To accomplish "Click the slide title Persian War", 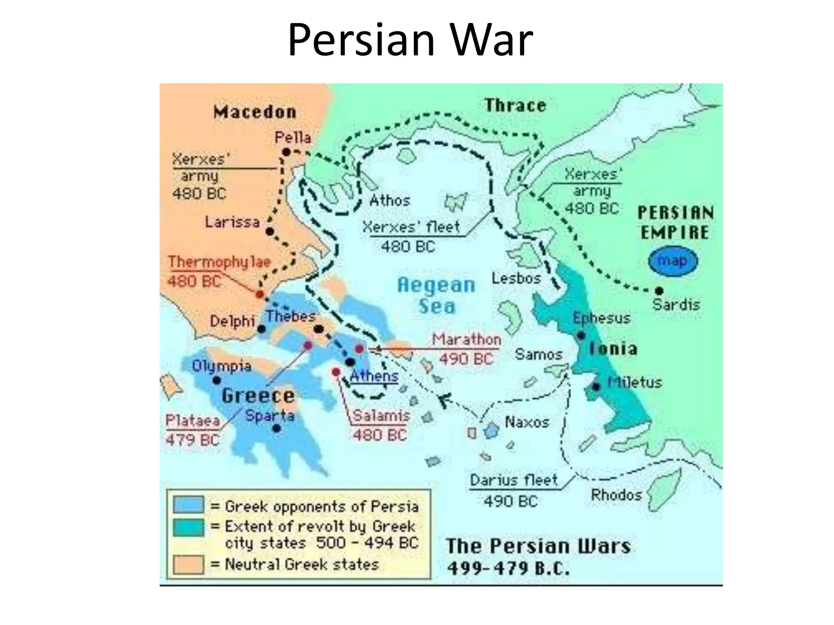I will tap(410, 40).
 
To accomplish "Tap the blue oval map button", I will tap(673, 261).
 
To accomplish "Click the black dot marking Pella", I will tap(286, 152).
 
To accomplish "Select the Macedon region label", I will tap(255, 112).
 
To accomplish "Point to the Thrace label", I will tap(515, 105).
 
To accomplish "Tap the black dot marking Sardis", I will tap(659, 291).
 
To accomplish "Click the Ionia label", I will tap(613, 349).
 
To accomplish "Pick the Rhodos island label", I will tap(616, 495).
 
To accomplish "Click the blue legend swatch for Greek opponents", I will tap(188, 505).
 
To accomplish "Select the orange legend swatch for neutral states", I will tap(188, 564).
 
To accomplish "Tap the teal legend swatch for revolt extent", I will tap(188, 527).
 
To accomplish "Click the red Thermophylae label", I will tap(219, 262).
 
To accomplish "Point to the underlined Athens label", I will tap(374, 376).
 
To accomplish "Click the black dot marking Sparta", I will tap(277, 428).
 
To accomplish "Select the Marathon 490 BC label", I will tap(466, 349).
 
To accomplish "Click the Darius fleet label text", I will tap(514, 480).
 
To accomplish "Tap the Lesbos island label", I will tap(516, 278).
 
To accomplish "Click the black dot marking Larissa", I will tap(270, 232).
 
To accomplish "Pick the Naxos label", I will tap(527, 422).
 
